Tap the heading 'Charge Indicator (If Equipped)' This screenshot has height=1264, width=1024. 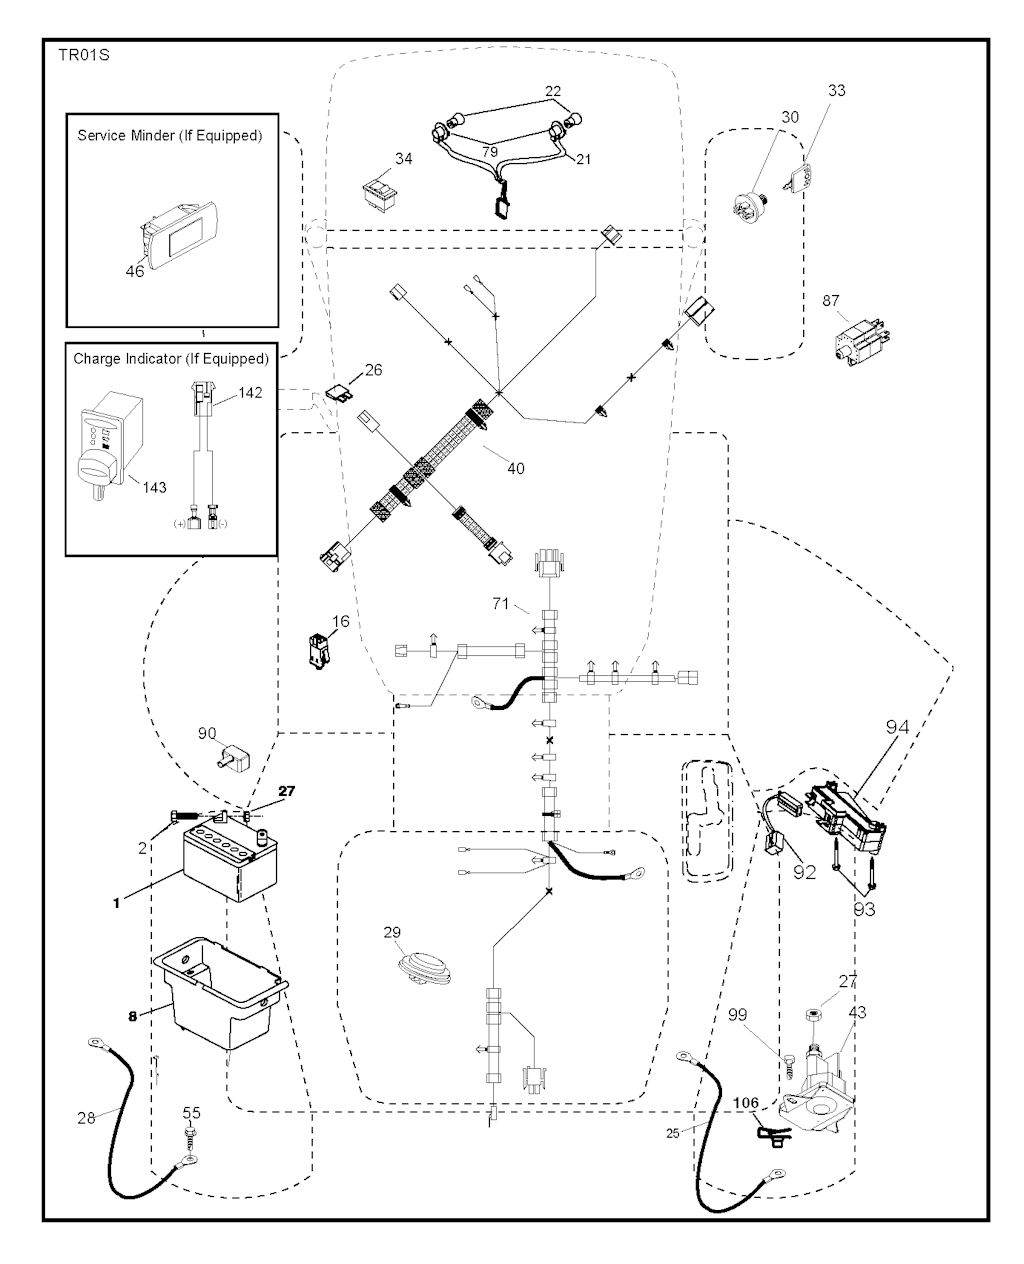171,358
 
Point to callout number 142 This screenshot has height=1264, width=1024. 251,393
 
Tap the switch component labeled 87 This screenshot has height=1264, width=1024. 856,337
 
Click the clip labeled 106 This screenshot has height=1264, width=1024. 770,1133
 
